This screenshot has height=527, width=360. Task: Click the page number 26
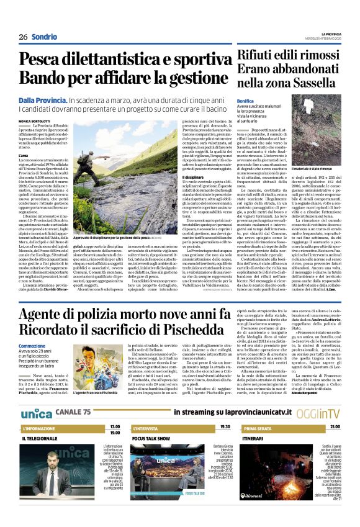click(x=23, y=37)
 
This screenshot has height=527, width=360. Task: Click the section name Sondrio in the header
click(x=44, y=37)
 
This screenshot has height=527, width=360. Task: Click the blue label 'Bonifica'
click(x=246, y=100)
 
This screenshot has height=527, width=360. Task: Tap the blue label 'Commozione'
click(x=32, y=346)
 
